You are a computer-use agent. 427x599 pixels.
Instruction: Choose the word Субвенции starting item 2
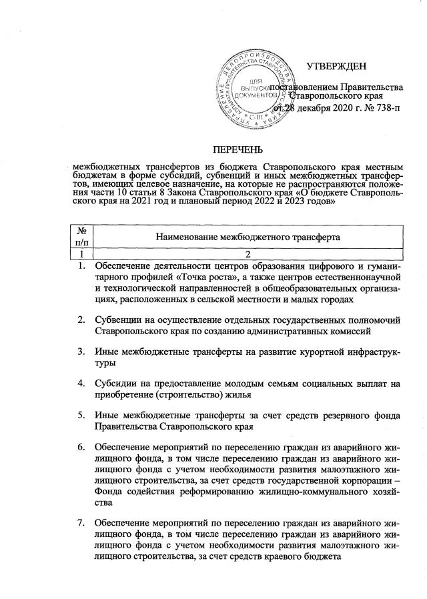pos(118,319)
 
